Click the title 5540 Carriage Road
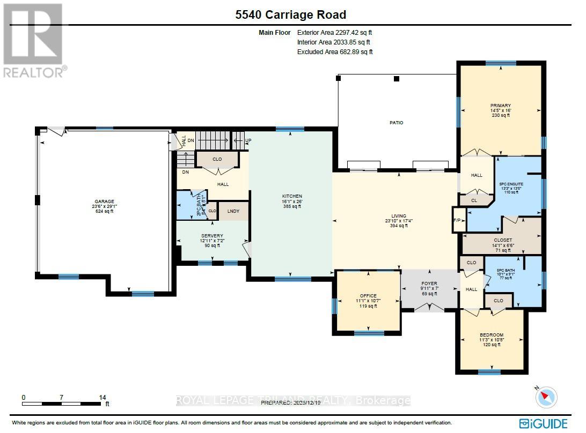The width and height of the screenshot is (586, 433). pos(291,15)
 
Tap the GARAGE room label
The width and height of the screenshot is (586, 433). pos(105,202)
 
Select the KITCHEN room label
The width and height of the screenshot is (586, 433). pos(292,197)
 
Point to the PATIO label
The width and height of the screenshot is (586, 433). pos(397,123)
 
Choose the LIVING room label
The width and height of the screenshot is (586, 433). pos(398,216)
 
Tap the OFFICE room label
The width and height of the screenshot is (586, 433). pos(368,296)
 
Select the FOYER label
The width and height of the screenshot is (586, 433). pos(429,283)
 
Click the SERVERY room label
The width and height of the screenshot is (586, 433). pos(212,236)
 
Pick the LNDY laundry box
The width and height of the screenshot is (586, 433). pos(233,211)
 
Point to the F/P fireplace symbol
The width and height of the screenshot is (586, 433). pos(458,220)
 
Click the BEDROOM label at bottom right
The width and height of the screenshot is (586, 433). pos(491,335)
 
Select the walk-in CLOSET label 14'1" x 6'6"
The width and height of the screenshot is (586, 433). pos(502,240)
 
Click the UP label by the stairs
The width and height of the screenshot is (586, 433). pos(248,141)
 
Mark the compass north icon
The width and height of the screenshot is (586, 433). pos(546,397)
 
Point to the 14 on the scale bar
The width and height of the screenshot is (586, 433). pos(102,397)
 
